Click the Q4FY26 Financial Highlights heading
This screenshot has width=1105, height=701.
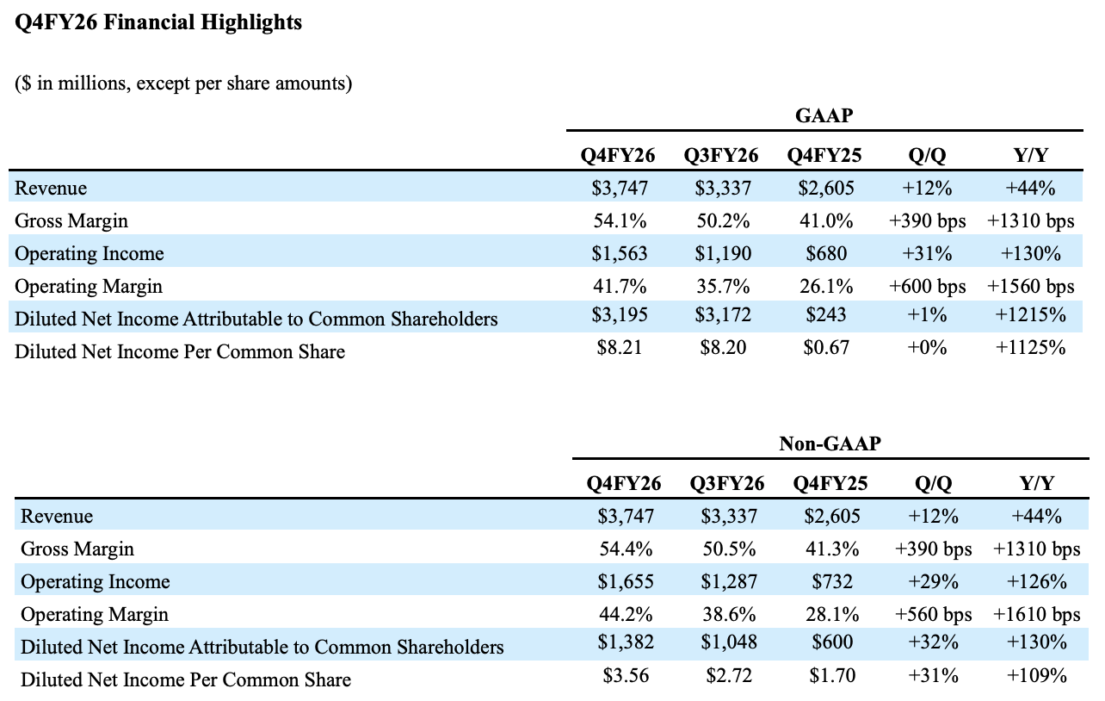[158, 22]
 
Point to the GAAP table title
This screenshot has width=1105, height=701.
[824, 115]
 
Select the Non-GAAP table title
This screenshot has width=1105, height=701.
[830, 444]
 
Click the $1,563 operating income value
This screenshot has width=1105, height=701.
[620, 253]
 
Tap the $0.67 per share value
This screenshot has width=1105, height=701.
[826, 348]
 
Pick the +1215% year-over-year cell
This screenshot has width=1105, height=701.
[1030, 314]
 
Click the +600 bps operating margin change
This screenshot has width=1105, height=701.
[928, 286]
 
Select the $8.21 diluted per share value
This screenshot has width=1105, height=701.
[620, 348]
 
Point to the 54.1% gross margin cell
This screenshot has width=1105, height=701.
[620, 220]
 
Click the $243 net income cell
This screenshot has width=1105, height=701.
[826, 314]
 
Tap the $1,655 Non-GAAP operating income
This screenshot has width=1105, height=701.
[626, 581]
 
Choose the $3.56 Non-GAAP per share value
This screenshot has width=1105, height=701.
[626, 675]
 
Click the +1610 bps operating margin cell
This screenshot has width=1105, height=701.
[1036, 614]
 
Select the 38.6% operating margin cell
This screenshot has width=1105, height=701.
[729, 614]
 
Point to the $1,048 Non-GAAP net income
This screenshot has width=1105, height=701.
[729, 642]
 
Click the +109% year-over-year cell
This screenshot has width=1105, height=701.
[1036, 675]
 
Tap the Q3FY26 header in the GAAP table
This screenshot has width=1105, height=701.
[720, 156]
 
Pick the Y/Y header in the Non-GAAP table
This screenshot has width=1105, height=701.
[1036, 483]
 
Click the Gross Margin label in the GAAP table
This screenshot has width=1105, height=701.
[71, 220]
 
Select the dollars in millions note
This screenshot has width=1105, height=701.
[183, 83]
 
